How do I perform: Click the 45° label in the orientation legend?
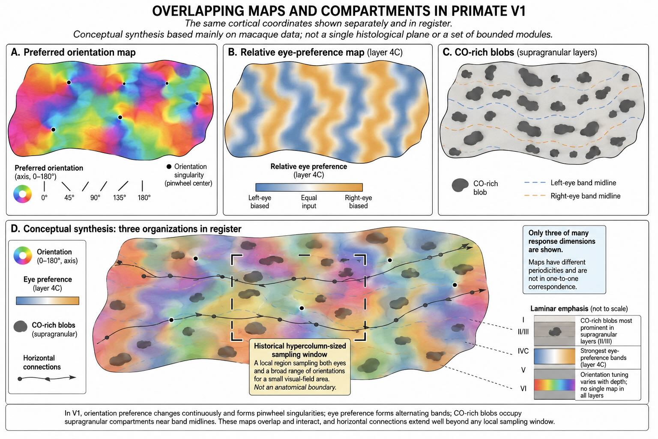click(69, 198)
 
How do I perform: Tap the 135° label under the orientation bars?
click(120, 198)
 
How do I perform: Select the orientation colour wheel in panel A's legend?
click(22, 194)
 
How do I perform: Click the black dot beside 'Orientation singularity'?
click(169, 167)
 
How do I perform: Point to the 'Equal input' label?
click(309, 202)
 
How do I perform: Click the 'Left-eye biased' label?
click(260, 202)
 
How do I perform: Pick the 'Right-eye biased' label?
click(359, 202)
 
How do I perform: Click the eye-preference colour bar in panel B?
click(309, 187)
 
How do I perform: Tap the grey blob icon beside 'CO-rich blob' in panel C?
click(460, 185)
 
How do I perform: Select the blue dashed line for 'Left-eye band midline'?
click(535, 183)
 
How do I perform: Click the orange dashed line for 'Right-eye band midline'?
click(535, 196)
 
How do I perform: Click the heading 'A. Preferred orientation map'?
click(73, 52)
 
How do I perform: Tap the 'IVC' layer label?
click(523, 351)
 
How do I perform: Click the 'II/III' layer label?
click(523, 332)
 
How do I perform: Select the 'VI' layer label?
click(523, 389)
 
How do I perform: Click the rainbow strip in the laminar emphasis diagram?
click(554, 385)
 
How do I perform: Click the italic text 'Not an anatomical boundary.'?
click(295, 387)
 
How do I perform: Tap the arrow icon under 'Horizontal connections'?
click(47, 379)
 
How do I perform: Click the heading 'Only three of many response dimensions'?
click(562, 241)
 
